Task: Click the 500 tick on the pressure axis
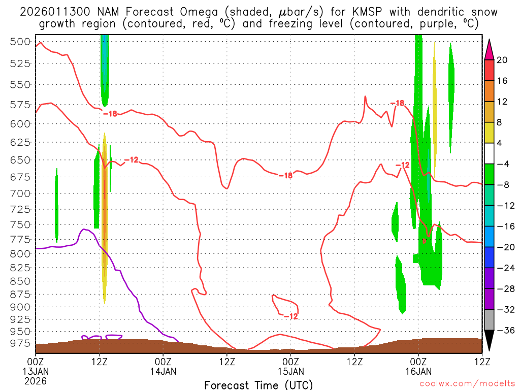pos(20,42)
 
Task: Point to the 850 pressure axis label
pos(20,281)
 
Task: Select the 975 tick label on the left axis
pos(20,343)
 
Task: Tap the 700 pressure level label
pos(20,193)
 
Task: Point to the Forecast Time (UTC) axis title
pos(258,384)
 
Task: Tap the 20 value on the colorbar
pos(502,60)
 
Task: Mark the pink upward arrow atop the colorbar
pos(489,50)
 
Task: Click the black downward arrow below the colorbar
pos(489,341)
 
